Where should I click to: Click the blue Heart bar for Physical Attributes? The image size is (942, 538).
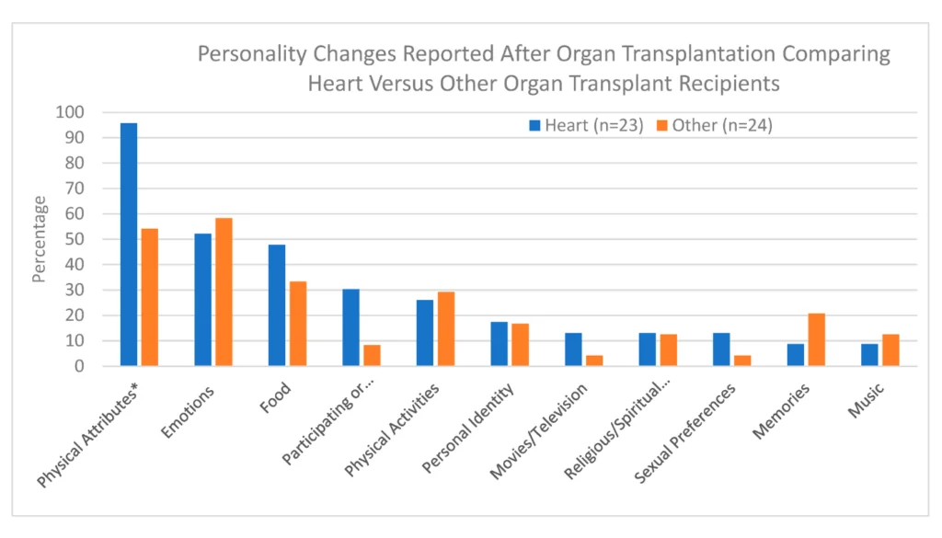tap(129, 245)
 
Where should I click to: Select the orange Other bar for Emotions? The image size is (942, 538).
tap(224, 292)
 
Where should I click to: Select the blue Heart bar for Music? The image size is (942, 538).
tap(869, 355)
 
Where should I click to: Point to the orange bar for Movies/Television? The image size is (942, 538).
tap(593, 361)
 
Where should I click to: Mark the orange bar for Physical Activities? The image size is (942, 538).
tap(445, 329)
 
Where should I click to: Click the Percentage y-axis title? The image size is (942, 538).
tap(39, 239)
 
